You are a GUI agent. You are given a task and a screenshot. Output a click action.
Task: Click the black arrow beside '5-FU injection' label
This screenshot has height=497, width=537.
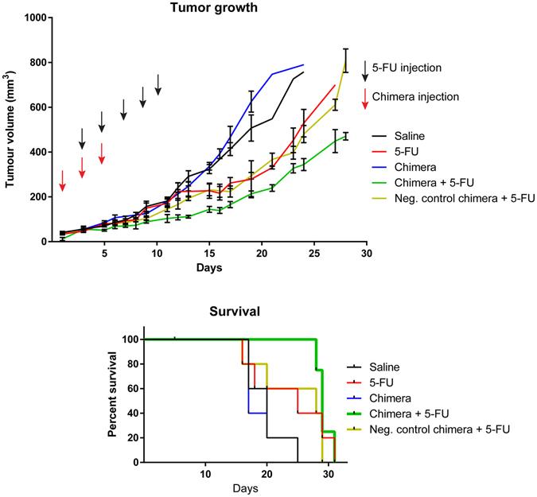click(365, 69)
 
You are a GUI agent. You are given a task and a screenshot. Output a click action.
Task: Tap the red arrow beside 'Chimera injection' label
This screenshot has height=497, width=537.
click(365, 98)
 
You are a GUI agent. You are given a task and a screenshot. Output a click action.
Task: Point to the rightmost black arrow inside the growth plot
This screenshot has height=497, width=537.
click(158, 84)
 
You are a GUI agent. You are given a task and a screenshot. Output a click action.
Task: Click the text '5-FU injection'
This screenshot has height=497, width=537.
click(413, 68)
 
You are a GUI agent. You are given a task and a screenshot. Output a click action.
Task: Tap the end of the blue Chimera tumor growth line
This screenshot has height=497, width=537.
click(304, 64)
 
